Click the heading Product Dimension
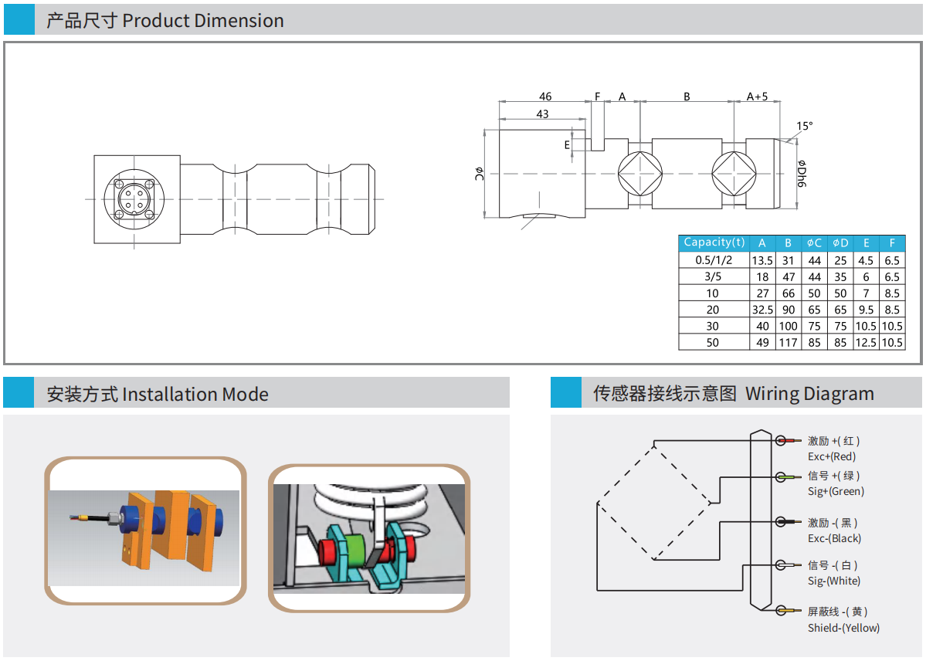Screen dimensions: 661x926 (165, 21)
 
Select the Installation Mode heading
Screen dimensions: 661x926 (158, 395)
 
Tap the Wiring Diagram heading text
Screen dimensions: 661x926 (733, 394)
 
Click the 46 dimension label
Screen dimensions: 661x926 (545, 97)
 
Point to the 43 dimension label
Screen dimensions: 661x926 (542, 114)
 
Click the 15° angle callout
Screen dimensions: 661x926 (805, 126)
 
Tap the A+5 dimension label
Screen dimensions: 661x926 (757, 97)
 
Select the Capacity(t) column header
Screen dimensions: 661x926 (714, 242)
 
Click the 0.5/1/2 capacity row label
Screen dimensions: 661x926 (714, 260)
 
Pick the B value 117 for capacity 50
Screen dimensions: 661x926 (788, 342)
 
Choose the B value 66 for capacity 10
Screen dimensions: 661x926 (788, 293)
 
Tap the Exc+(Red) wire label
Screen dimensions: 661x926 (832, 456)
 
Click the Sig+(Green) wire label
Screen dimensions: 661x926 (836, 491)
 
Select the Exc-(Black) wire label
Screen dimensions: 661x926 (834, 538)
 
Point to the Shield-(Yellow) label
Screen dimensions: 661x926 (843, 628)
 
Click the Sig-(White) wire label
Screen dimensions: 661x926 (833, 581)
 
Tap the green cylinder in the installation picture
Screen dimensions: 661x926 (356, 550)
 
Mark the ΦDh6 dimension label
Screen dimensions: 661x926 (801, 175)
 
